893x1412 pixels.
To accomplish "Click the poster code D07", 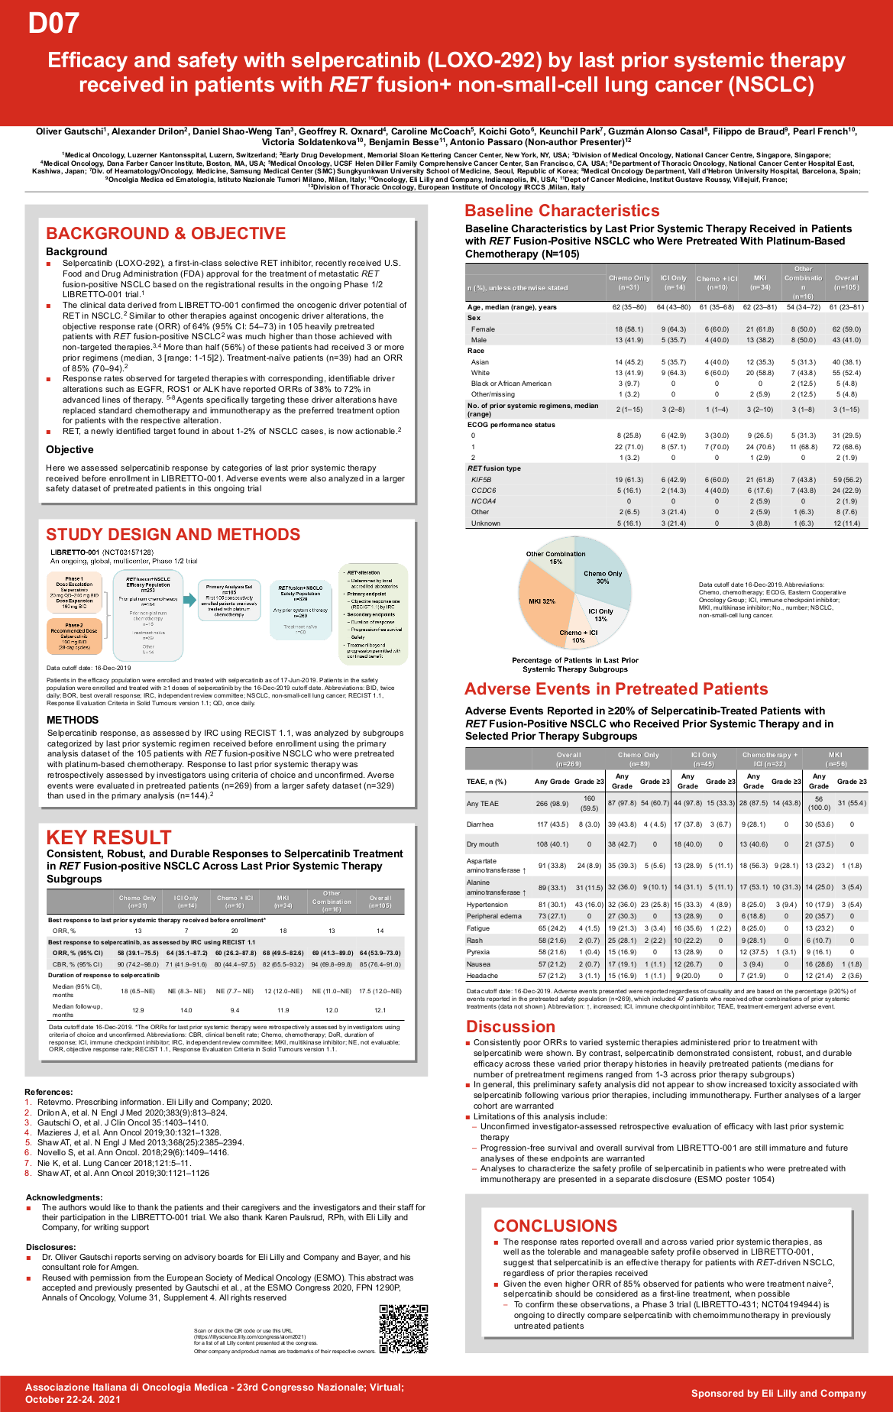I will pyautogui.click(x=53, y=24).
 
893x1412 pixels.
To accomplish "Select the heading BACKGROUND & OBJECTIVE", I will pyautogui.click(x=166, y=234).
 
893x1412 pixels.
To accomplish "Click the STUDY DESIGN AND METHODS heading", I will pyautogui.click(x=173, y=535).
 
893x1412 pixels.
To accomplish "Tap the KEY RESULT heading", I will pyautogui.click(x=108, y=837).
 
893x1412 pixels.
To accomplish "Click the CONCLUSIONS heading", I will pyautogui.click(x=555, y=1226).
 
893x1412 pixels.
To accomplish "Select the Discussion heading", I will pyautogui.click(x=510, y=1027).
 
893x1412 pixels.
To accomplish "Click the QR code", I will pyautogui.click(x=403, y=1329).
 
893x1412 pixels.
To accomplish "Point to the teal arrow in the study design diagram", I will pyautogui.click(x=189, y=600).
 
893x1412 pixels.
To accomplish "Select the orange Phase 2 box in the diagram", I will pyautogui.click(x=74, y=636).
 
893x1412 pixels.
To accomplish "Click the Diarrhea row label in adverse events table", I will pyautogui.click(x=480, y=824).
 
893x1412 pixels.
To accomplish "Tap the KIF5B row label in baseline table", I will pyautogui.click(x=481, y=480).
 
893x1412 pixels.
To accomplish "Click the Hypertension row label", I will pyautogui.click(x=487, y=905).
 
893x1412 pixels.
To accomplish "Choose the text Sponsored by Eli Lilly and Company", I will pyautogui.click(x=778, y=1393).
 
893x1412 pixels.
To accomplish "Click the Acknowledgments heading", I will pyautogui.click(x=64, y=1197).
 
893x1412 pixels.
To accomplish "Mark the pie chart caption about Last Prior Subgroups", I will pyautogui.click(x=575, y=665).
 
